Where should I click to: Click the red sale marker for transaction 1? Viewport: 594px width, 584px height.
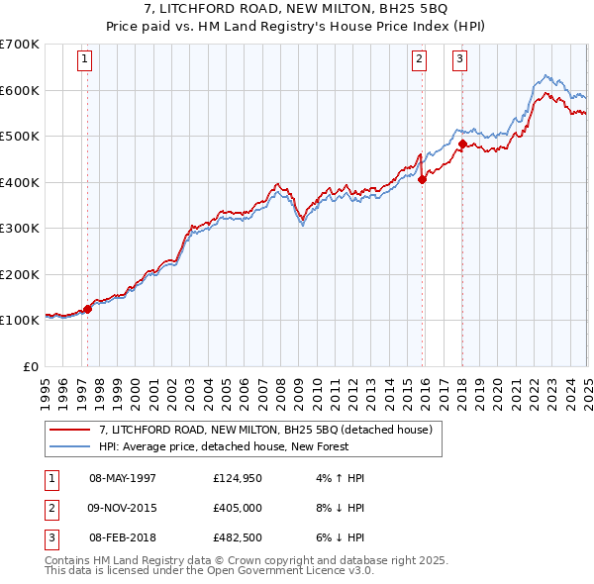pyautogui.click(x=87, y=309)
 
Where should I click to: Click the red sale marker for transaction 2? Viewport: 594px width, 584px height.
pyautogui.click(x=423, y=179)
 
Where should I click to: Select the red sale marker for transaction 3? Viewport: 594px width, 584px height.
pyautogui.click(x=462, y=145)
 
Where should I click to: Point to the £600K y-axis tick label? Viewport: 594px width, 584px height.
pyautogui.click(x=19, y=90)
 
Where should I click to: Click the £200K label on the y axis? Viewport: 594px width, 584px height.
pyautogui.click(x=19, y=274)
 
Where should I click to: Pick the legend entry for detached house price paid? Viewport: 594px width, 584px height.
pyautogui.click(x=265, y=431)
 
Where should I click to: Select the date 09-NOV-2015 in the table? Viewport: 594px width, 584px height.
pyautogui.click(x=123, y=508)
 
